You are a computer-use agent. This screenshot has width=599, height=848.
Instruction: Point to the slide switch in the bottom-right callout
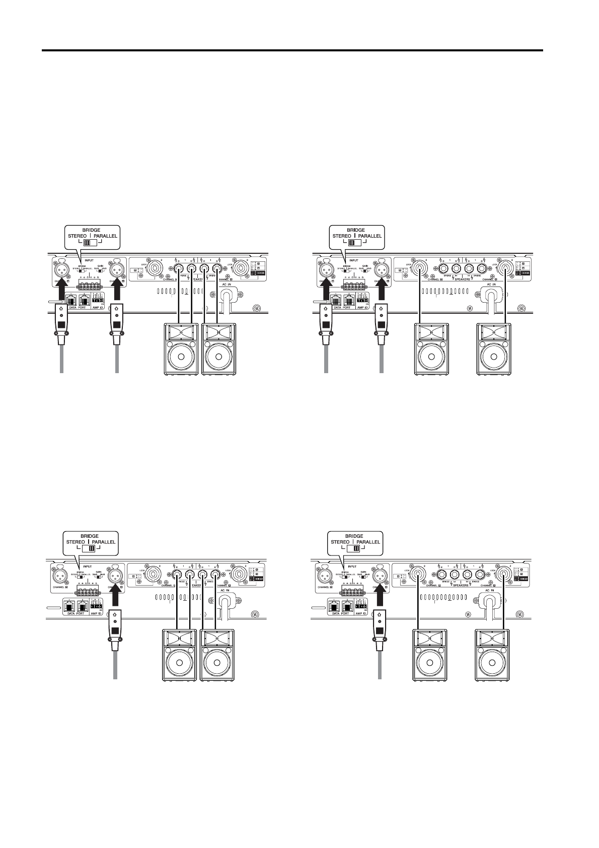coord(356,548)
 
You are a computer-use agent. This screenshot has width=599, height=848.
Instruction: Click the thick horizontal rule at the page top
coord(292,50)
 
